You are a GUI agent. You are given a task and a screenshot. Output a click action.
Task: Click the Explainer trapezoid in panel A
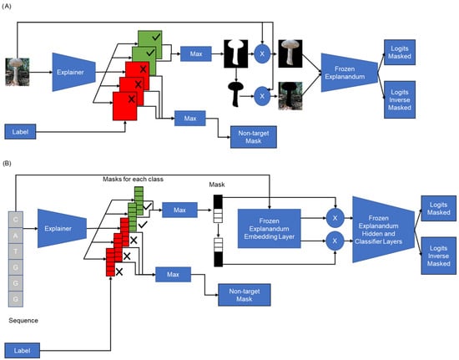pyautogui.click(x=73, y=72)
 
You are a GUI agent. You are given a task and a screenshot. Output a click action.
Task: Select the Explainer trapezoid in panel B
pyautogui.click(x=62, y=229)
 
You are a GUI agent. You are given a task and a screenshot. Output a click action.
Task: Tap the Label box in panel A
pyautogui.click(x=20, y=131)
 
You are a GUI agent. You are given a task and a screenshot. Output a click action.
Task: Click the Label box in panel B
pyautogui.click(x=23, y=350)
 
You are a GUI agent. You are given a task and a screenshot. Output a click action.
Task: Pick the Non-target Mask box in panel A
pyautogui.click(x=254, y=137)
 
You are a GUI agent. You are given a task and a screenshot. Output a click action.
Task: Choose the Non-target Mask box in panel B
pyautogui.click(x=245, y=295)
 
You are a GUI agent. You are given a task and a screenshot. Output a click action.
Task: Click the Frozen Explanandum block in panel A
pyautogui.click(x=349, y=73)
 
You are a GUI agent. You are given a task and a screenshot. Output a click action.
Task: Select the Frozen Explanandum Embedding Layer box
pyautogui.click(x=269, y=229)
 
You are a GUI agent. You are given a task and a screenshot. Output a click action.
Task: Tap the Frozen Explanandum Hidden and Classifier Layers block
pyautogui.click(x=383, y=230)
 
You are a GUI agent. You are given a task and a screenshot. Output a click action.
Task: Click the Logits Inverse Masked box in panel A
pyautogui.click(x=400, y=100)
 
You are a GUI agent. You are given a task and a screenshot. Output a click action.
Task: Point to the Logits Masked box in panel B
pyautogui.click(x=438, y=208)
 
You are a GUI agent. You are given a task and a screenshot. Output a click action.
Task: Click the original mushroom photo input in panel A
pyautogui.click(x=18, y=72)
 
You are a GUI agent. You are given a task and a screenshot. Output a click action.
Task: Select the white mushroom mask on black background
pyautogui.click(x=236, y=54)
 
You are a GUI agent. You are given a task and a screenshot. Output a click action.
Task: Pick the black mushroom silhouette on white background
pyautogui.click(x=235, y=94)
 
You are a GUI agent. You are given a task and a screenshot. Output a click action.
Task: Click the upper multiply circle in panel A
pyautogui.click(x=262, y=54)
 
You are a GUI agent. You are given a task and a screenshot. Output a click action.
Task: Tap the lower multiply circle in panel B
pyautogui.click(x=335, y=241)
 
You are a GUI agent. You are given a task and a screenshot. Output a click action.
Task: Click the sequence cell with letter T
pyautogui.click(x=16, y=251)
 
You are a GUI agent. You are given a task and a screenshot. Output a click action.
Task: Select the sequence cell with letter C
pyautogui.click(x=16, y=220)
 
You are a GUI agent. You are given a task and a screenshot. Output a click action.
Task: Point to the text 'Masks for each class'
pyautogui.click(x=133, y=179)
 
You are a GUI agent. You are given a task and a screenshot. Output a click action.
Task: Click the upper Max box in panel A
pyautogui.click(x=196, y=54)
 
